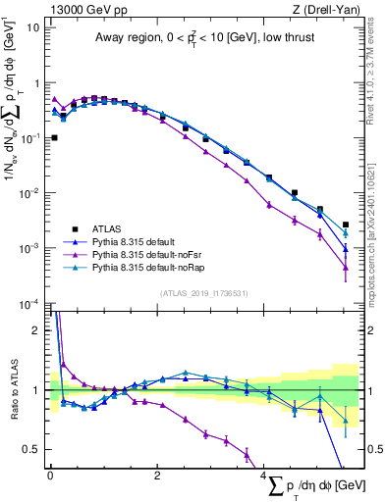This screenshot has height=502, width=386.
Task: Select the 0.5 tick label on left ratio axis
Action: point(33,449)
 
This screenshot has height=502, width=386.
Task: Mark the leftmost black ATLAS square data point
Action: point(54,138)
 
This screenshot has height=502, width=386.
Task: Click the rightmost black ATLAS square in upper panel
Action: point(346,225)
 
